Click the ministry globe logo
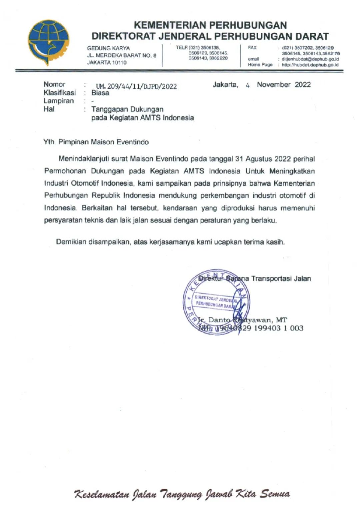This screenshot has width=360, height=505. (x=49, y=42)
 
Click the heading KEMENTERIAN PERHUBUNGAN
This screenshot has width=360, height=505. (x=210, y=25)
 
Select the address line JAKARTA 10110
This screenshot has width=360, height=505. (x=107, y=63)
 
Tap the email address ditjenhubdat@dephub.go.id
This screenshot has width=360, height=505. (x=310, y=59)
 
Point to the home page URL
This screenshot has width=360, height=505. (x=310, y=65)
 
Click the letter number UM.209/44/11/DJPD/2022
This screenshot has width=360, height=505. (x=136, y=87)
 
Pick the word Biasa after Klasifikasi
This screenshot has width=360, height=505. (x=100, y=93)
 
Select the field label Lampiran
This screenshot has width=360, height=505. (x=59, y=101)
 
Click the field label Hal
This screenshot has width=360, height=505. (x=49, y=109)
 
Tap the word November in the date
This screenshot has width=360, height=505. (x=274, y=85)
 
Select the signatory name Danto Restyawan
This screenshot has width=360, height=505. (x=238, y=320)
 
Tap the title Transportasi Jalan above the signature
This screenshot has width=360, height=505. (x=281, y=279)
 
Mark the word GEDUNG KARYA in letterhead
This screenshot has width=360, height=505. (x=108, y=48)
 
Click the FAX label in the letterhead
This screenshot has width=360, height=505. (x=252, y=48)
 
